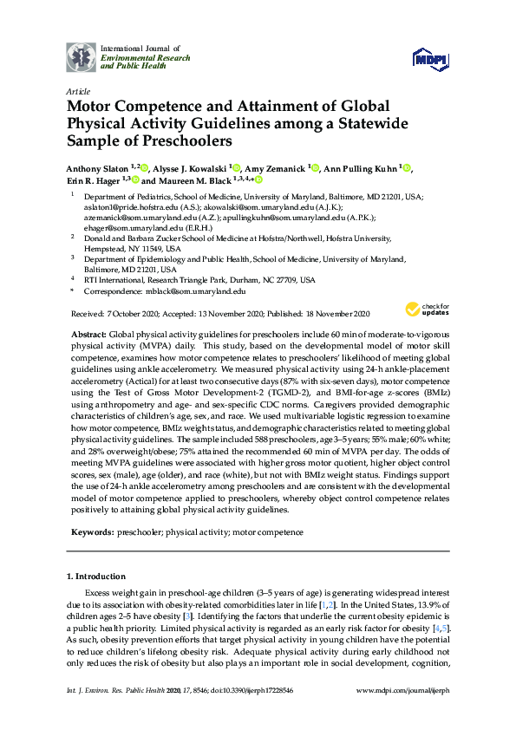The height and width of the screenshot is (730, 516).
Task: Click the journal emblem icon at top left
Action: tap(82, 57)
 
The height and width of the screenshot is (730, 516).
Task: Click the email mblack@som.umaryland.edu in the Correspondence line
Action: tap(196, 292)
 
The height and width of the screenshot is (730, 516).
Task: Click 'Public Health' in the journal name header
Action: tap(127, 67)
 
